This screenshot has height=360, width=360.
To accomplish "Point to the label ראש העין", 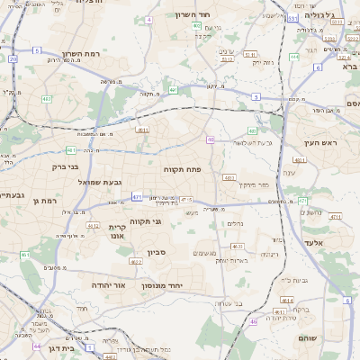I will point(319,143).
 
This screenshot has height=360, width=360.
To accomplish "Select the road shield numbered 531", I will point(293,17).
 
